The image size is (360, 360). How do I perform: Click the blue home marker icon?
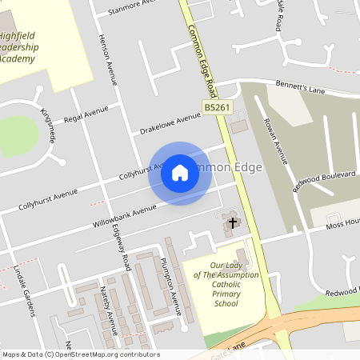point(180,173)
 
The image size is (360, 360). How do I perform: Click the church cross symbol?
point(233,222)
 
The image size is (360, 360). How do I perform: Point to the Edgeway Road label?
point(122,245)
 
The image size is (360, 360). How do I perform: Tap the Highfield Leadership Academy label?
point(28,47)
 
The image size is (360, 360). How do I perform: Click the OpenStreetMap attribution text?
point(80,354)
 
